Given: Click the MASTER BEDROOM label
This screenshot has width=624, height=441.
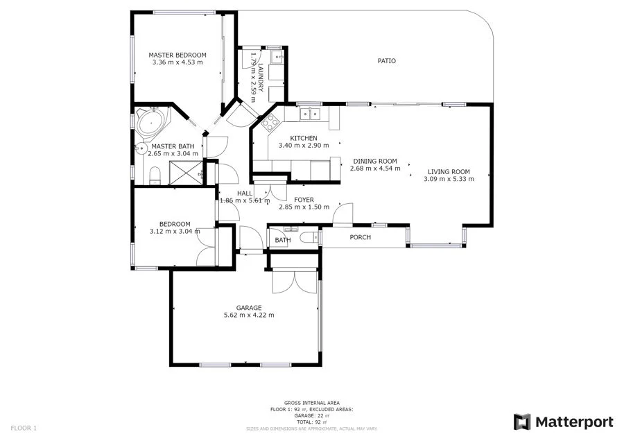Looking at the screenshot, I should click(x=177, y=55).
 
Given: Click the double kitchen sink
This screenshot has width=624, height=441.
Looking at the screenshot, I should click(x=309, y=113).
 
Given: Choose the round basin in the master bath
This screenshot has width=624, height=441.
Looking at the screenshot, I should click(x=139, y=147).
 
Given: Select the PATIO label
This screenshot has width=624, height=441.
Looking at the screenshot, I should click(x=386, y=61).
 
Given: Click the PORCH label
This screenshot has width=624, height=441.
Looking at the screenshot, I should click(x=360, y=237).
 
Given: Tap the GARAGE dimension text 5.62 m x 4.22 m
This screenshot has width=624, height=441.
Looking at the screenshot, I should click(x=248, y=315).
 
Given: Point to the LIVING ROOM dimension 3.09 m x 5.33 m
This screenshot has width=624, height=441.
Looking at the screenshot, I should click(x=449, y=179).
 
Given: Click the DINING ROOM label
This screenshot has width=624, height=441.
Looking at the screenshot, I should click(x=374, y=161).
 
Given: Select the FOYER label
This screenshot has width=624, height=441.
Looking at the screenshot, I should click(x=304, y=200).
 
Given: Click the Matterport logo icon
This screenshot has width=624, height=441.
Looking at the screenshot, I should click(x=522, y=422).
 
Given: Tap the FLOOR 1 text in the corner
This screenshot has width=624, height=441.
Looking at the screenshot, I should click(x=23, y=428).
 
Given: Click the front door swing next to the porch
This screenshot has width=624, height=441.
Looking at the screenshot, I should click(x=344, y=212).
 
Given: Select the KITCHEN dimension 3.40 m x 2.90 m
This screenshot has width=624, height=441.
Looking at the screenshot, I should click(x=303, y=146).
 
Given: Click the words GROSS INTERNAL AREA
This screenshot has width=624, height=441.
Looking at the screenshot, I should click(x=311, y=403).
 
